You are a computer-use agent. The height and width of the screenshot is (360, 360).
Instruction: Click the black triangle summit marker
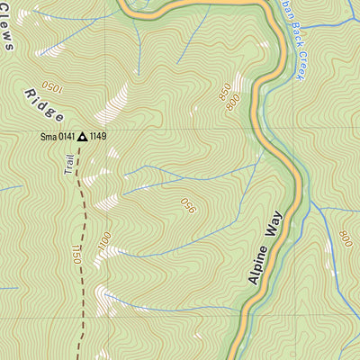pos(83,137)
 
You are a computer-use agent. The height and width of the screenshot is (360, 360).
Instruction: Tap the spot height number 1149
pos(98,137)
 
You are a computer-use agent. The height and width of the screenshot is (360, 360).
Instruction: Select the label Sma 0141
pos(57,137)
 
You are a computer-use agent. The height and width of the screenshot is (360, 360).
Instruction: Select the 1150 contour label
pos(75,256)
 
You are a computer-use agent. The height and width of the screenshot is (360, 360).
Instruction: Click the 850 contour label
pos(224,91)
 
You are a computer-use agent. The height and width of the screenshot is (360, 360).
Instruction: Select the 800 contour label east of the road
pos(346,238)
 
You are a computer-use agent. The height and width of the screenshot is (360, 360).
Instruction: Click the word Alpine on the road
pos(256,266)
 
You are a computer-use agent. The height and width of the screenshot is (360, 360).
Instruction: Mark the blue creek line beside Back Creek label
pos(293,54)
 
